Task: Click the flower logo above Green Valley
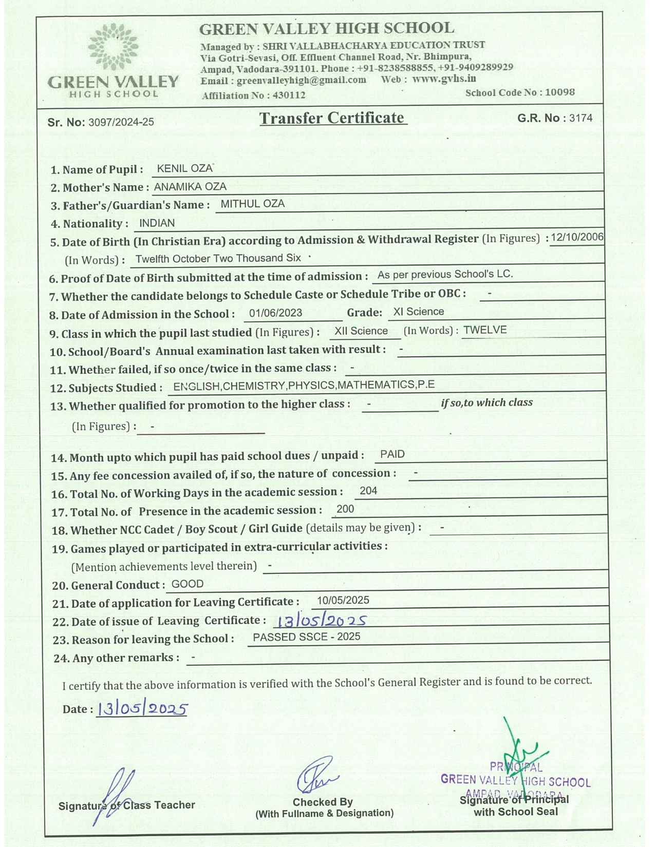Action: (113, 47)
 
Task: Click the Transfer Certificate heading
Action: (332, 118)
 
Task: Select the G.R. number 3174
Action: (581, 118)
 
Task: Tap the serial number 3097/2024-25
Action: (121, 122)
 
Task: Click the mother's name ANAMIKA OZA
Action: (190, 186)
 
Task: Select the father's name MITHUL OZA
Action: (252, 204)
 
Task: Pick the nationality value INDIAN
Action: (157, 223)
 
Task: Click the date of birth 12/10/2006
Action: (577, 237)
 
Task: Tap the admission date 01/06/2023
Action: (275, 313)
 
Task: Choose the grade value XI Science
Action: (418, 312)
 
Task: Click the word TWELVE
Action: (485, 330)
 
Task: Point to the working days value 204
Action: (368, 491)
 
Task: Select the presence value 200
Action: (345, 509)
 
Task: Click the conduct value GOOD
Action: (188, 584)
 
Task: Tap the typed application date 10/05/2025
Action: (343, 600)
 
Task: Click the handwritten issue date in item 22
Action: (321, 621)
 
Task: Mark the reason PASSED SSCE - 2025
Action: (307, 637)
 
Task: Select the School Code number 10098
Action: (559, 92)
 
